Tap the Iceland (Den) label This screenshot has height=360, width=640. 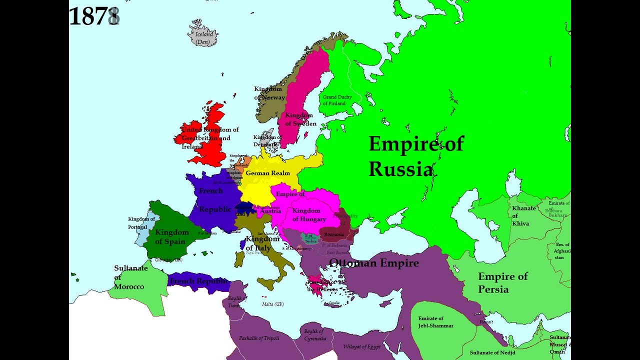click(203, 38)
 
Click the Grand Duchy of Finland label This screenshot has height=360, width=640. click(337, 100)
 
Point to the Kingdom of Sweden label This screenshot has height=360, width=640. click(300, 119)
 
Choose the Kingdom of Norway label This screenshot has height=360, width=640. click(269, 93)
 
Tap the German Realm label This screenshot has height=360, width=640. click(267, 173)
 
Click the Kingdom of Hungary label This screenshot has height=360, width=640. click(309, 214)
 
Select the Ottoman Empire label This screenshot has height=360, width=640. click(373, 262)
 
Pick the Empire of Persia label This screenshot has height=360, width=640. click(502, 282)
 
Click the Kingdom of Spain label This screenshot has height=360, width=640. click(171, 236)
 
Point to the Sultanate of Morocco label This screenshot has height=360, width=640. click(130, 277)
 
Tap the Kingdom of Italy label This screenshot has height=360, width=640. click(262, 243)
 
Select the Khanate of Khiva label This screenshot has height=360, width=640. click(523, 215)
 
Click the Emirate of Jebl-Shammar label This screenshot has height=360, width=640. click(435, 322)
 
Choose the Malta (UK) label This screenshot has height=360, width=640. click(272, 304)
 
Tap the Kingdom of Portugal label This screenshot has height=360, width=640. click(141, 223)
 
